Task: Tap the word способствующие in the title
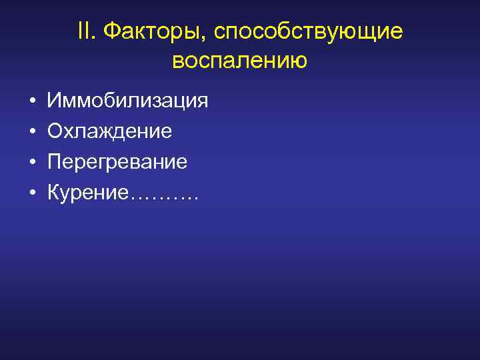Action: [x=309, y=33]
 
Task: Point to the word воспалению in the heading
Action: [x=239, y=61]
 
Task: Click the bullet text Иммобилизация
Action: [x=128, y=101]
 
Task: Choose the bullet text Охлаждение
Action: [x=110, y=131]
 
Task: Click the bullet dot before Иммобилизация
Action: [x=32, y=102]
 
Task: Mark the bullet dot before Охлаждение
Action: [x=32, y=132]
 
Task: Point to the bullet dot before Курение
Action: [x=32, y=193]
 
